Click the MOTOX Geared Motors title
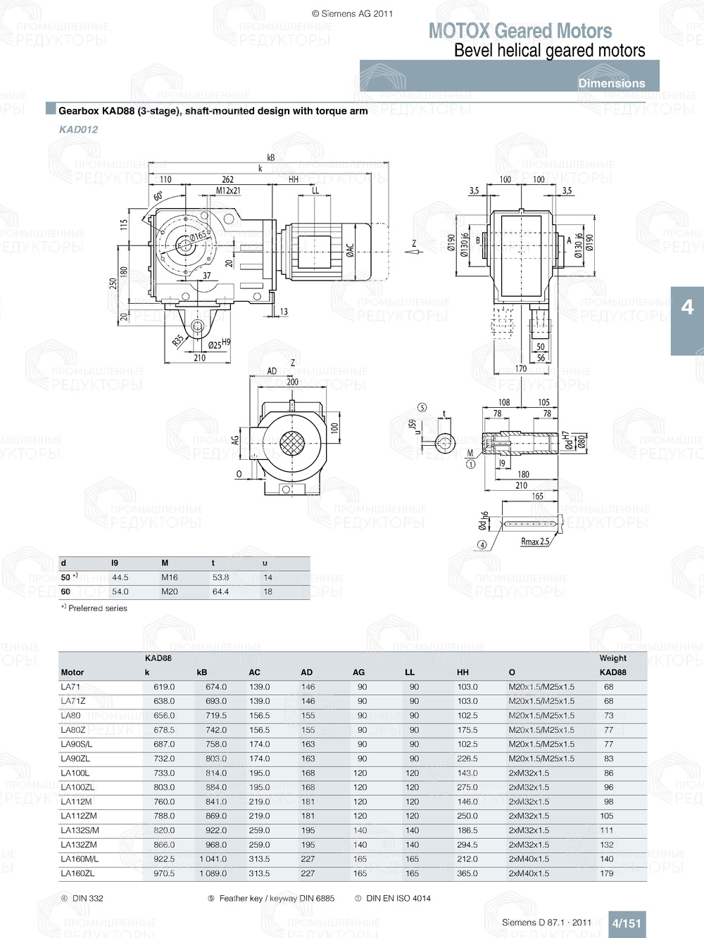(520, 31)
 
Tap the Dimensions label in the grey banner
(611, 83)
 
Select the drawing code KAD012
(78, 129)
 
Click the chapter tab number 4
(687, 307)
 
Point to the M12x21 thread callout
(228, 191)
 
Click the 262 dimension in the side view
(227, 179)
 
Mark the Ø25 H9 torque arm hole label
(219, 344)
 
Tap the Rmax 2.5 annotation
(534, 541)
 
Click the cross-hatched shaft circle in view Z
(291, 443)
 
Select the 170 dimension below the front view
(521, 368)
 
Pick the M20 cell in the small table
(170, 591)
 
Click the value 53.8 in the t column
(220, 577)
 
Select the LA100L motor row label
(75, 773)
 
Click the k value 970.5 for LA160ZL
(164, 873)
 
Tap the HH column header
(463, 672)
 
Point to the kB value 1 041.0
(213, 859)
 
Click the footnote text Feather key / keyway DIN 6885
(277, 898)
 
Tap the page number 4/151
(626, 923)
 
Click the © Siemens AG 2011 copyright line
(352, 13)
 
